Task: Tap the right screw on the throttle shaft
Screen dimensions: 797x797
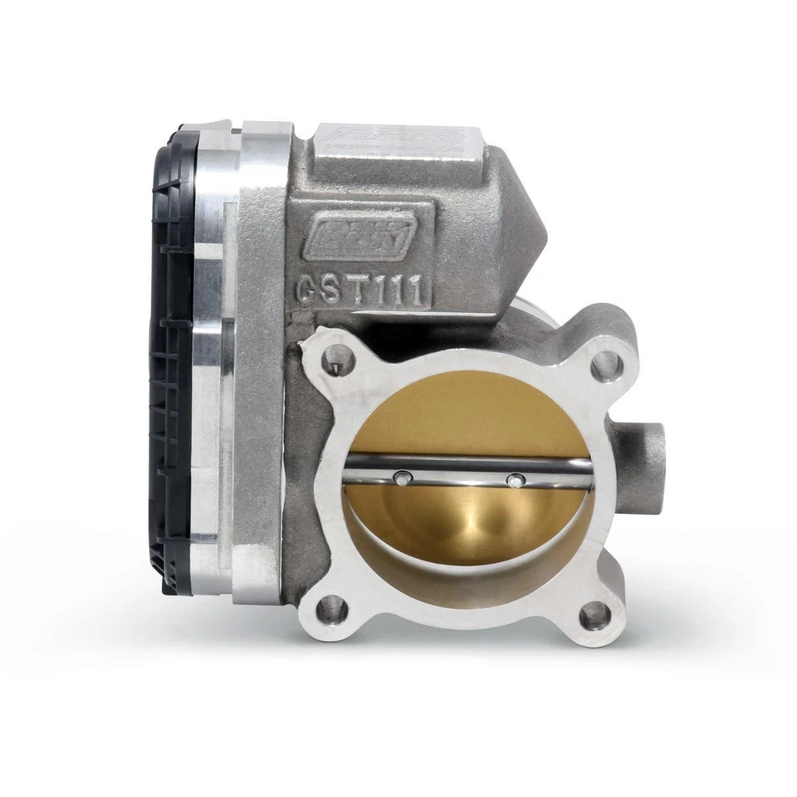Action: point(516,480)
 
